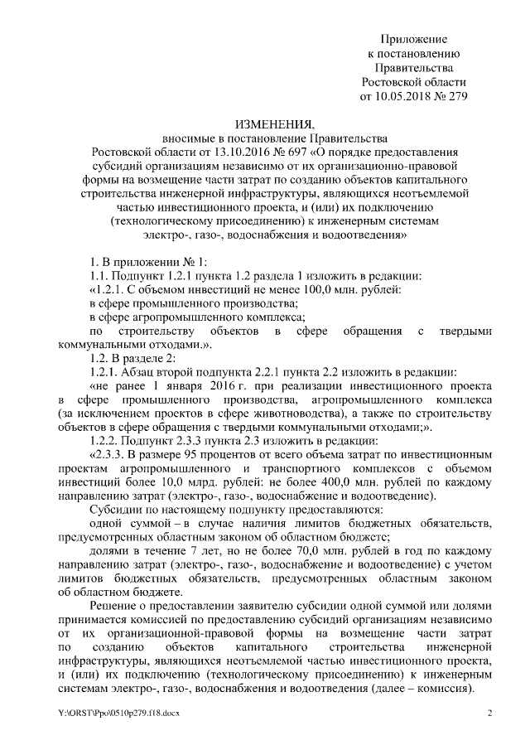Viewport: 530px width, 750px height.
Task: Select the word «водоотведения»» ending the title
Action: pyautogui.click(x=364, y=235)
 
